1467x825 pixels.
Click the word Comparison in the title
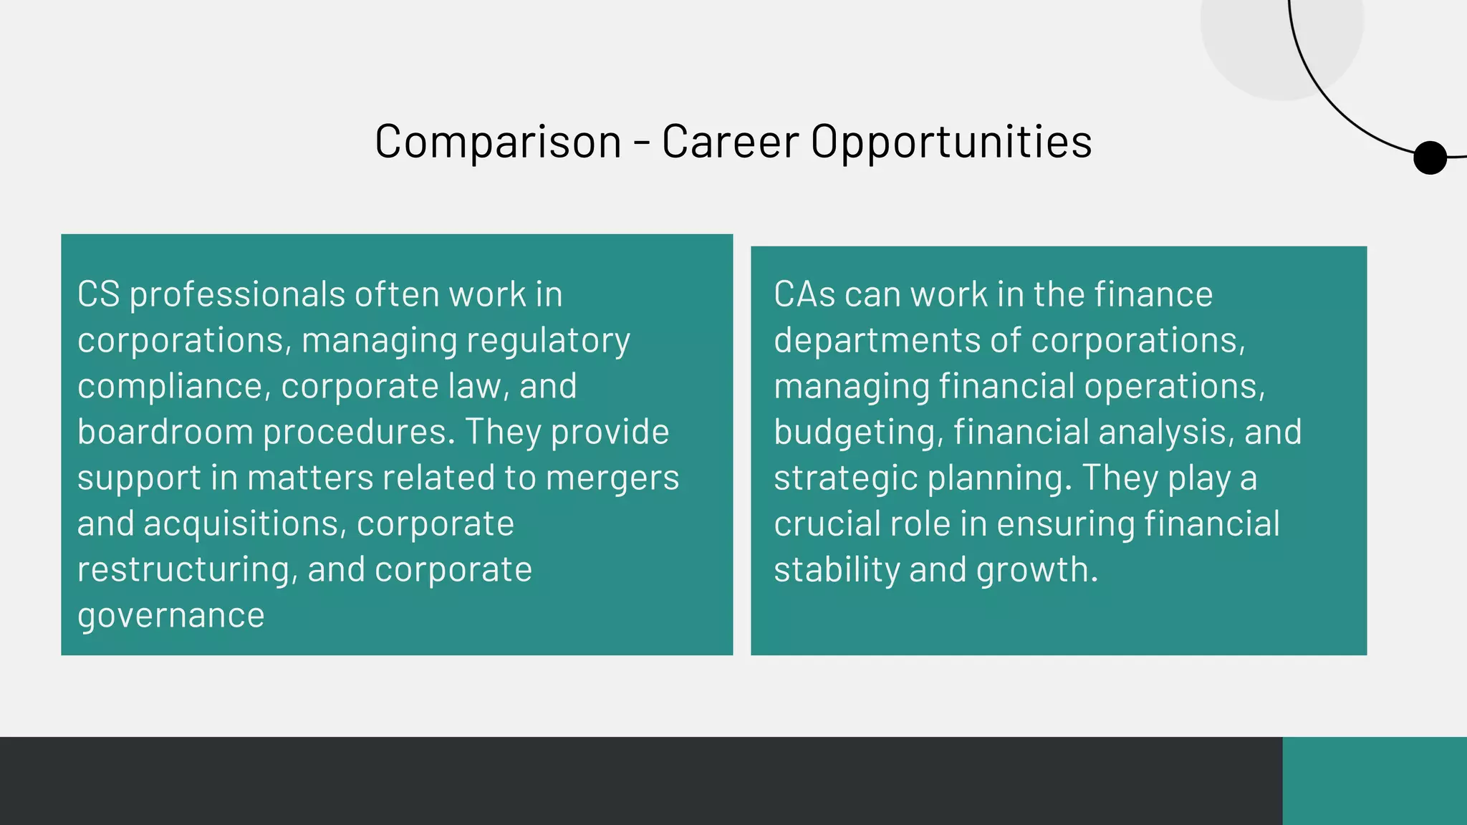coord(498,141)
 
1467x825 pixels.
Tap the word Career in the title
coord(730,141)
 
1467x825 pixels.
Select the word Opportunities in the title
coord(951,141)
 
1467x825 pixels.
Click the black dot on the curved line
coord(1430,158)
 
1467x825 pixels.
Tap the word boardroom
coord(165,433)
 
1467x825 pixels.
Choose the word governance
coord(170,616)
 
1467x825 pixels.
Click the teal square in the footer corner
coord(1374,781)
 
